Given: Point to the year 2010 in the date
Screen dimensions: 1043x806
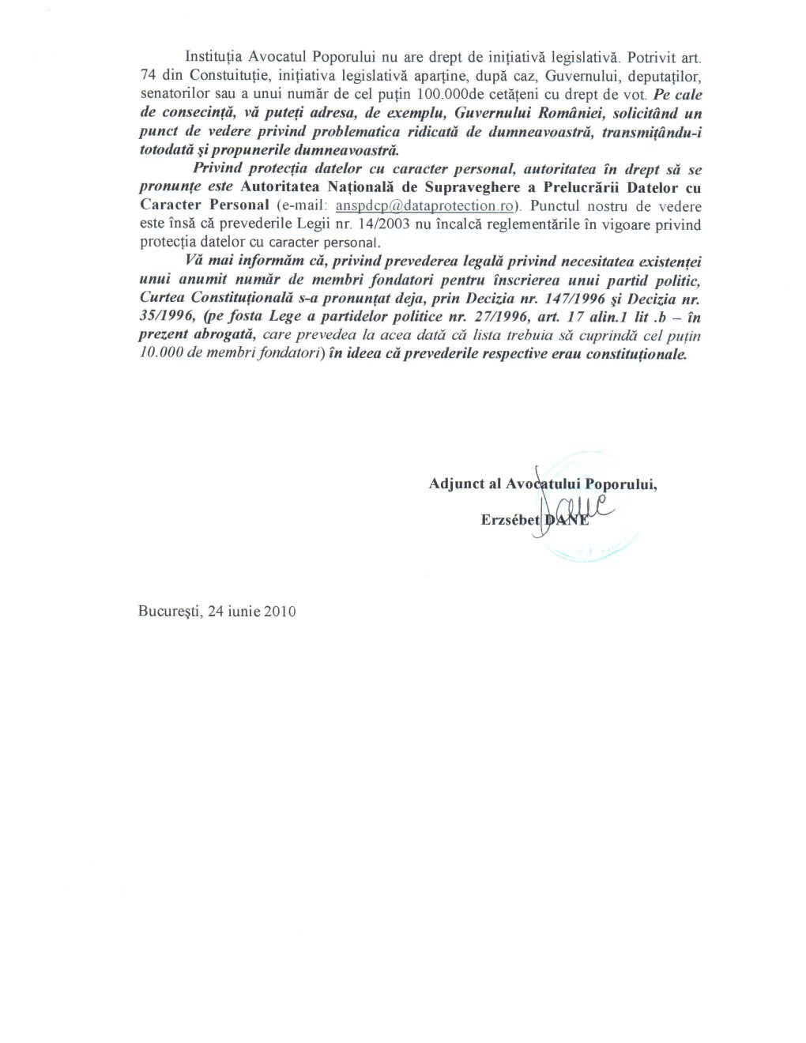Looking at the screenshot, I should point(280,611).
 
